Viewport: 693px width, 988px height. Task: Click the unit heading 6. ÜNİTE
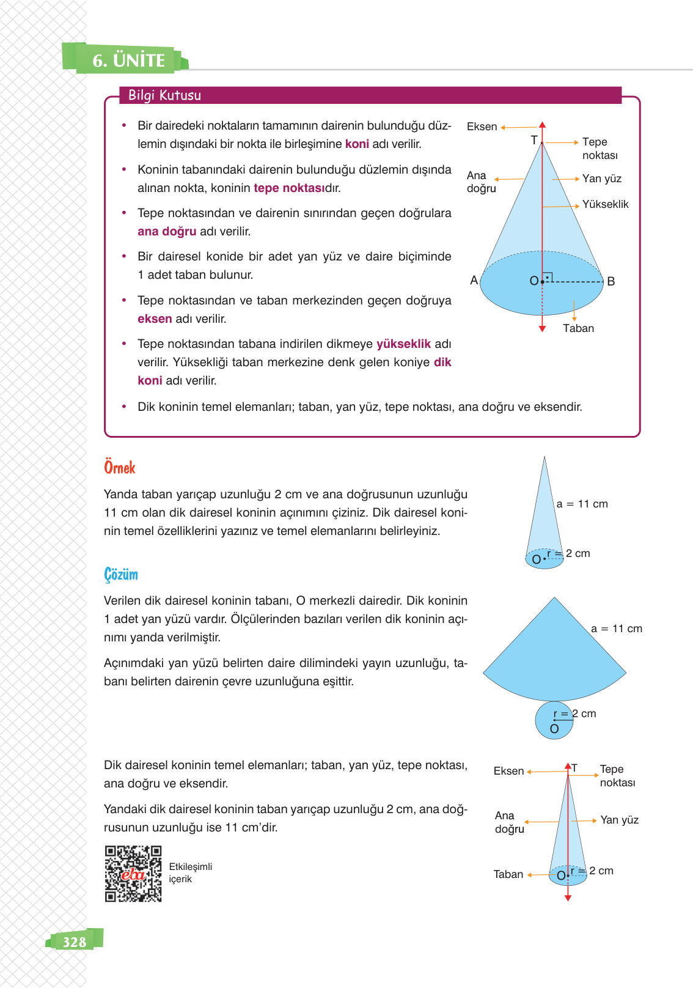click(128, 60)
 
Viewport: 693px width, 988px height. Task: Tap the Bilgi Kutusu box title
click(164, 95)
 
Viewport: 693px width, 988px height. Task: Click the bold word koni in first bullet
click(357, 144)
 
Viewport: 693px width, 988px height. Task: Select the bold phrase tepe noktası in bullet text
click(289, 188)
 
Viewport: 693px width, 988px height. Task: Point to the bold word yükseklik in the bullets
click(403, 344)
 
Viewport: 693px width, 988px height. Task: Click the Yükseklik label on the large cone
click(605, 204)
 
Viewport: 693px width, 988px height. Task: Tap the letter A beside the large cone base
click(474, 281)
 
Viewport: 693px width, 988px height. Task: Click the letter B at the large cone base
click(610, 282)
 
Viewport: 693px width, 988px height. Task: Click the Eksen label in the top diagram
click(482, 127)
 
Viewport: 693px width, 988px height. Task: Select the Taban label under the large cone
click(578, 328)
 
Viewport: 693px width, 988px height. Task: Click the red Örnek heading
click(119, 468)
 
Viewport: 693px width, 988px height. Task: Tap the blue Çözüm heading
click(121, 575)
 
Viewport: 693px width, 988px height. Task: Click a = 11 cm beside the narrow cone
click(582, 504)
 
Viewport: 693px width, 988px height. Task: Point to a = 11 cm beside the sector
click(616, 629)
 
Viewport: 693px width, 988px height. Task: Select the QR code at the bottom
click(133, 874)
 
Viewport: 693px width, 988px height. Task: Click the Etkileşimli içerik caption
click(190, 873)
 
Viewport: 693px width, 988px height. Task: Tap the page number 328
click(75, 942)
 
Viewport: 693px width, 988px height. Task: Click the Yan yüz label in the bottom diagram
click(619, 820)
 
